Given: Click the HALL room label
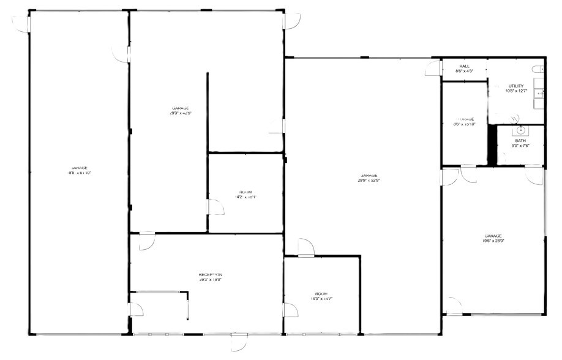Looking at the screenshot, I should click(x=464, y=66).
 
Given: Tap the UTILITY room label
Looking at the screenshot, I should click(x=515, y=86).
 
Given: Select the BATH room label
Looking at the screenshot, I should click(x=520, y=141).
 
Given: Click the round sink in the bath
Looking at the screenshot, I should click(x=520, y=130).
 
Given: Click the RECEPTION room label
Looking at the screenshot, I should click(x=210, y=275).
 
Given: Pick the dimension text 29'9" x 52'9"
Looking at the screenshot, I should click(x=369, y=181).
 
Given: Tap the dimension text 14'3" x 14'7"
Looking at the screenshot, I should click(x=321, y=299).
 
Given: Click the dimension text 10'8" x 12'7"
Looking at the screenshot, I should click(x=516, y=91).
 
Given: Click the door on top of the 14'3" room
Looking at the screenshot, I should click(x=305, y=248).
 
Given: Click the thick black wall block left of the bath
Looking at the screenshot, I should click(x=491, y=144).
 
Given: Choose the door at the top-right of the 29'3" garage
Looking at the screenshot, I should click(x=291, y=20).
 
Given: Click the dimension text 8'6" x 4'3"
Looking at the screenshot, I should click(x=464, y=72).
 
